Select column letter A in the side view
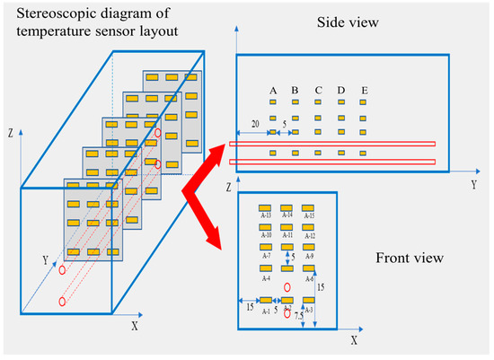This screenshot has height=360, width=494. point(272,90)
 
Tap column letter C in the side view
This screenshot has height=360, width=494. point(318,90)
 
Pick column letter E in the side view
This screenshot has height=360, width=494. point(363,90)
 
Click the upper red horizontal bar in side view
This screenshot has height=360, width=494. point(332,144)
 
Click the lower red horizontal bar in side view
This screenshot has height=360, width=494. point(332,162)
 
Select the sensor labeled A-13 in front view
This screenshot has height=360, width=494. point(266,207)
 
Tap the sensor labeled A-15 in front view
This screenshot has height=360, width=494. point(309,207)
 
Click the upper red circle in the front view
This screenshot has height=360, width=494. point(287,288)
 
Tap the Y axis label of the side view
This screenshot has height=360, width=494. point(472,184)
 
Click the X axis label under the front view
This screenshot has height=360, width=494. point(354,340)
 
